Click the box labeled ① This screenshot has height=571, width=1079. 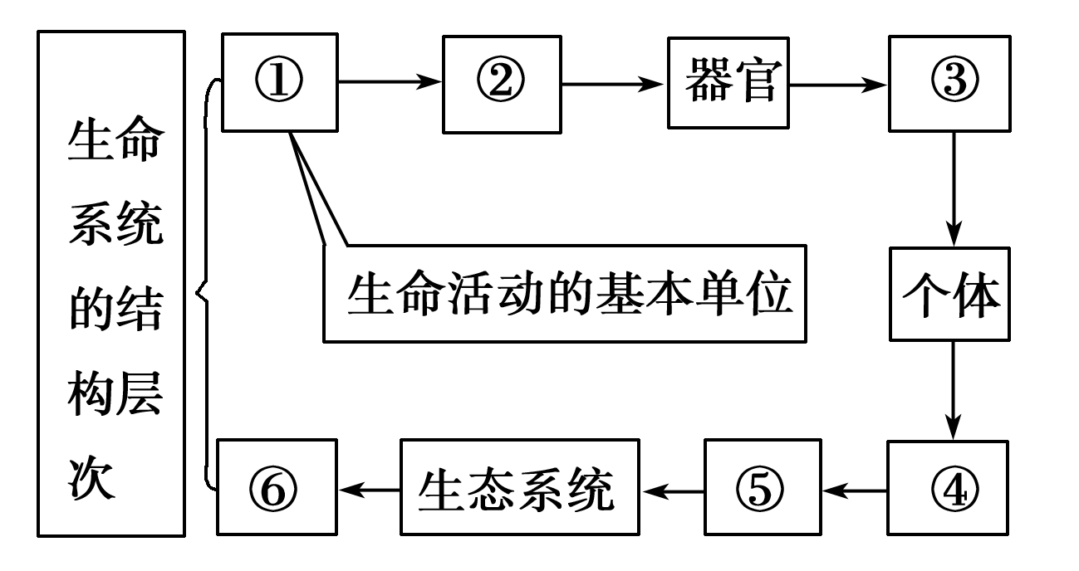(x=279, y=82)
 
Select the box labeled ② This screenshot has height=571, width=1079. (x=502, y=83)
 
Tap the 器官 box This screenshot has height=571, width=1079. (x=728, y=82)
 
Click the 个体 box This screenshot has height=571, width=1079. (x=949, y=294)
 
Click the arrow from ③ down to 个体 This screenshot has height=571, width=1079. (x=954, y=187)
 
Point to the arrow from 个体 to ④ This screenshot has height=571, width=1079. (x=954, y=390)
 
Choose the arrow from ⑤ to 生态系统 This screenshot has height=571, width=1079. (x=672, y=490)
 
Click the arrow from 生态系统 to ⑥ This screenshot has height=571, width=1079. (x=369, y=490)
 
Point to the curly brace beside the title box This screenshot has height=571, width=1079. (x=204, y=290)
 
